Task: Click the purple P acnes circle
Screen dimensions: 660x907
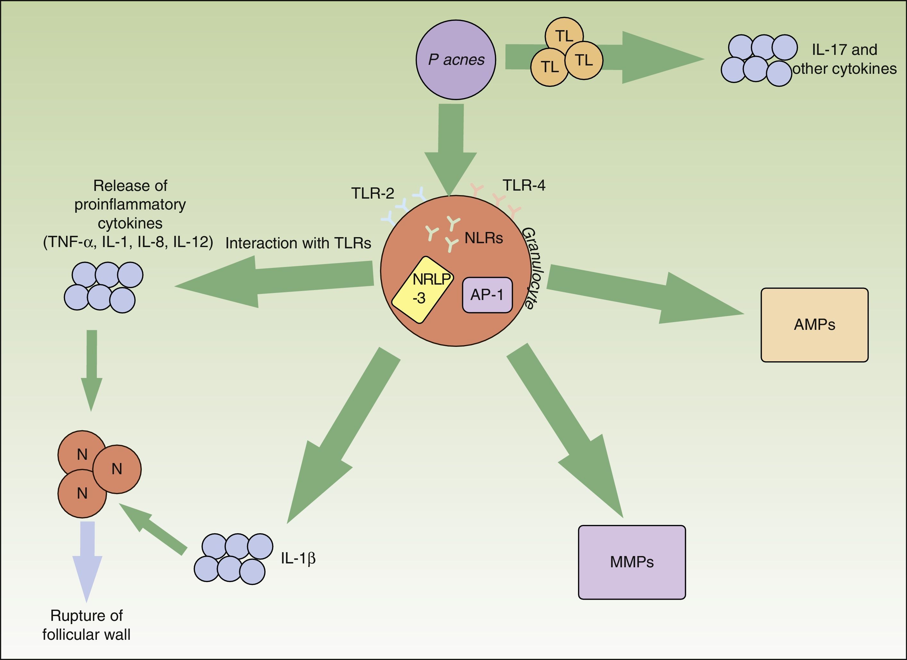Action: [x=456, y=60]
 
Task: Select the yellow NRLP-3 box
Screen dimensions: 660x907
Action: [x=422, y=289]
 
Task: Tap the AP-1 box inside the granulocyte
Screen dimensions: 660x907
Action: [x=487, y=295]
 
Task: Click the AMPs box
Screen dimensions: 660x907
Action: [x=814, y=325]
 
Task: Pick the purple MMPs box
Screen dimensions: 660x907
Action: [x=632, y=562]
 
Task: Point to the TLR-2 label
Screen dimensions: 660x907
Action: [x=373, y=193]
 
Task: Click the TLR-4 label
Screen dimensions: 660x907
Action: [x=524, y=185]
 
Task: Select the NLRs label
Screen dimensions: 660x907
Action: [x=484, y=238]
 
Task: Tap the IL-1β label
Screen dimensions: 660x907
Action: [x=298, y=558]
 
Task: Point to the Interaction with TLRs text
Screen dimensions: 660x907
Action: [x=298, y=243]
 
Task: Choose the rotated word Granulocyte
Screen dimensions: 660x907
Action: [x=529, y=268]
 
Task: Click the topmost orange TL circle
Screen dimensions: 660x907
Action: [x=564, y=35]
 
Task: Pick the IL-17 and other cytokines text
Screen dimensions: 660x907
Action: [x=844, y=59]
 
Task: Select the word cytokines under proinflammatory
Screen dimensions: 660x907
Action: [x=130, y=223]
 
